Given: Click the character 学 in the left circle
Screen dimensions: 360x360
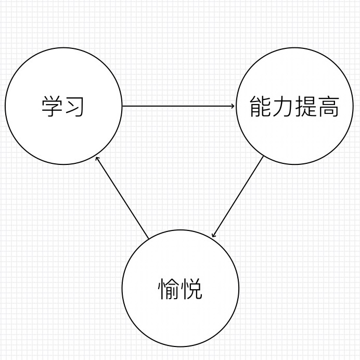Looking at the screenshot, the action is coord(52,107).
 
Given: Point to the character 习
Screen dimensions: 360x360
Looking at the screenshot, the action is coord(74,107).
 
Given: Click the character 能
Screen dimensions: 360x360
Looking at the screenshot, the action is coord(260,107).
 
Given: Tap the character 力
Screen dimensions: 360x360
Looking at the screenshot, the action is coord(283,107).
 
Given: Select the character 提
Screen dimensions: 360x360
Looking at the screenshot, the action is coord(306,107).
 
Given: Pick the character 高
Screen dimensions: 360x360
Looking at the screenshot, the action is coord(328,107).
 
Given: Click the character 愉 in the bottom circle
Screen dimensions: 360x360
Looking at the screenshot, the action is coord(169,289).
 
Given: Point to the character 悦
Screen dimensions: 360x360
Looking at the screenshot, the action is coord(191,289).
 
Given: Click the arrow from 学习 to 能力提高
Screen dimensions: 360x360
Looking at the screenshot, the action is coord(177,107).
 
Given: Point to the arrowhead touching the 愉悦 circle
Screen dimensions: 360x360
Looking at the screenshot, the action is coord(213,236).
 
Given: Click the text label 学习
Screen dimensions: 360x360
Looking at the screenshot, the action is coord(63,107).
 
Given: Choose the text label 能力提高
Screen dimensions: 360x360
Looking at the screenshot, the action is coord(294,107).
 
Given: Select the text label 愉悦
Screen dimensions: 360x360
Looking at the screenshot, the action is coord(180,289).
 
